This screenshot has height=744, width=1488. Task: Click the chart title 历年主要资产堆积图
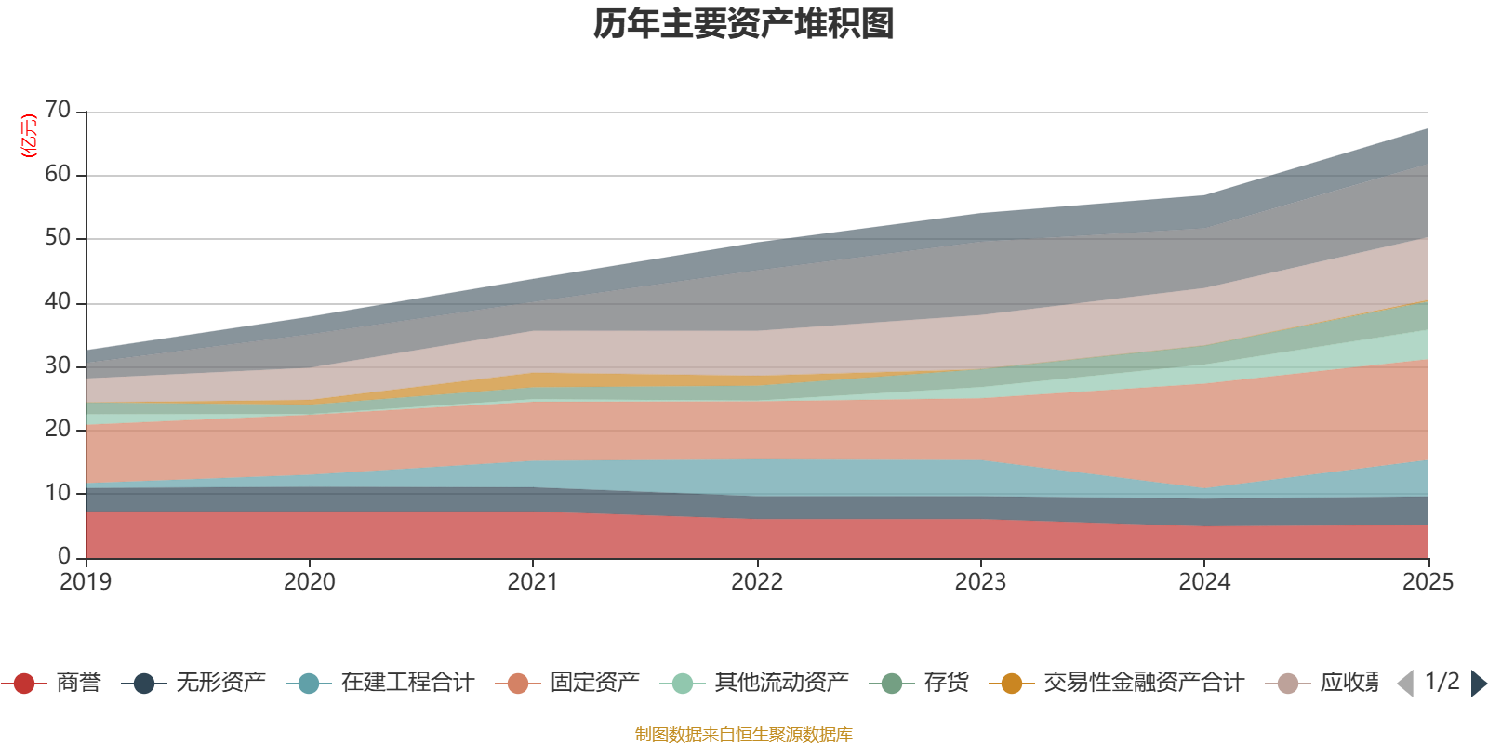[744, 24]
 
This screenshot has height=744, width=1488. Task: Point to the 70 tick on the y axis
[58, 111]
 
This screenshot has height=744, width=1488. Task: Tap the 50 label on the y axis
[58, 238]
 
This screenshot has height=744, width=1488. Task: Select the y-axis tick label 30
[58, 365]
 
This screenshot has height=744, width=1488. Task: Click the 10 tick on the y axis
[58, 493]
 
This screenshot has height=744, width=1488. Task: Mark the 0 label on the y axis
[63, 556]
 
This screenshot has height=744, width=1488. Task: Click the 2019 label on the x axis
[86, 582]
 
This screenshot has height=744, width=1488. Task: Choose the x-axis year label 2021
[533, 582]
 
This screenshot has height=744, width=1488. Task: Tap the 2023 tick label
[980, 582]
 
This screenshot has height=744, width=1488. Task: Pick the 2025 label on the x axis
[1427, 582]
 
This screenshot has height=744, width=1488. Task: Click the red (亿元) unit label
[29, 136]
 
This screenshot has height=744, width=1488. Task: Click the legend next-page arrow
[1478, 684]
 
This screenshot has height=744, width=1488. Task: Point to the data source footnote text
[744, 735]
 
